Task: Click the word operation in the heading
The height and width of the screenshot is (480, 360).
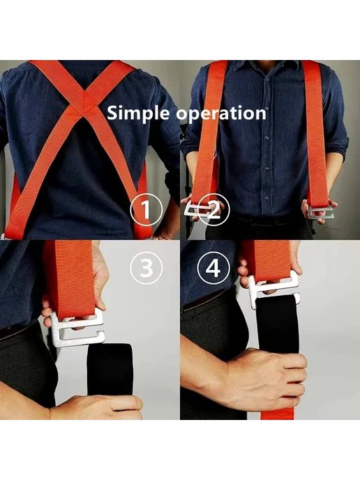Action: click(x=221, y=114)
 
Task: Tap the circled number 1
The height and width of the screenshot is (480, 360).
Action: click(x=146, y=210)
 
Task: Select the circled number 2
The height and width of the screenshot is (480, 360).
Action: click(x=213, y=210)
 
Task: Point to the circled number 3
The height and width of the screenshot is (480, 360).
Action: click(x=146, y=268)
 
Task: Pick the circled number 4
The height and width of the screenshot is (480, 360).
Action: click(x=213, y=268)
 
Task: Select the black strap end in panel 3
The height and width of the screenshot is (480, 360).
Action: click(x=110, y=370)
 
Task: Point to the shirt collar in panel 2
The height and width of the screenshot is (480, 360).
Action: click(x=263, y=66)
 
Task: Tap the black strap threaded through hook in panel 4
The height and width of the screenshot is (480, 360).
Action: click(x=277, y=322)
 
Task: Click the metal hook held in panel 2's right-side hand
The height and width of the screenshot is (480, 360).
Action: click(x=321, y=213)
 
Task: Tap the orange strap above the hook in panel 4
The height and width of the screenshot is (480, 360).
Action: click(x=266, y=260)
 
